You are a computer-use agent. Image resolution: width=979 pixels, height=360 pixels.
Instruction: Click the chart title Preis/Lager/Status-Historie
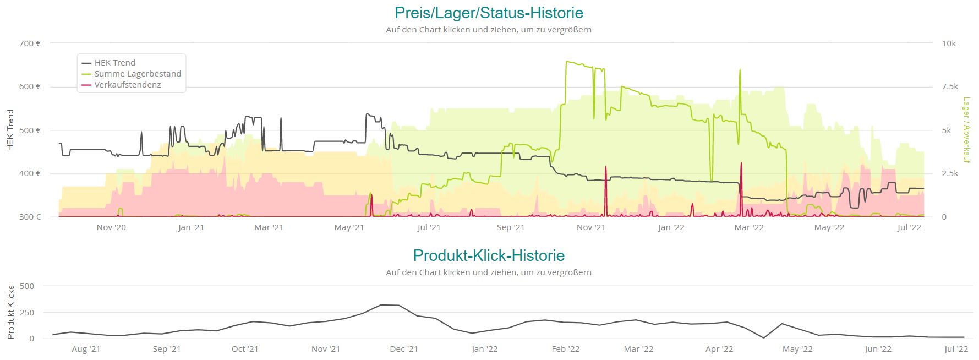tap(489, 13)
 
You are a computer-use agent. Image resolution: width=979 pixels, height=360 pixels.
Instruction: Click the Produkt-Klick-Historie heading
tap(489, 255)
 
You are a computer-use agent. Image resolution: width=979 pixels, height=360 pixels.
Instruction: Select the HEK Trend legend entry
tap(114, 63)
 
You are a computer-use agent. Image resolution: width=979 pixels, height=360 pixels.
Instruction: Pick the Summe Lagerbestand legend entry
tap(138, 74)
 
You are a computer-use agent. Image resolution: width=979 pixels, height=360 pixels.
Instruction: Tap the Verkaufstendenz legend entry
tap(127, 85)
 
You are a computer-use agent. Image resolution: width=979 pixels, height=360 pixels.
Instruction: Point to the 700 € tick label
tap(30, 43)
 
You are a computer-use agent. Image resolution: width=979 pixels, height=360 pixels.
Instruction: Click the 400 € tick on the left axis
tap(30, 173)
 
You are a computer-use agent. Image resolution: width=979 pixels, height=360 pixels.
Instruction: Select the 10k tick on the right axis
tap(949, 43)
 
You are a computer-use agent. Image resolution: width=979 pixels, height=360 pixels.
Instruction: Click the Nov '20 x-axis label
tap(111, 227)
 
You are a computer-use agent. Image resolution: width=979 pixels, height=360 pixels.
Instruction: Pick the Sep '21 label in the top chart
tap(511, 227)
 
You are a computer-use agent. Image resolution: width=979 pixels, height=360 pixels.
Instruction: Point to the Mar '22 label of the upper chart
tap(750, 227)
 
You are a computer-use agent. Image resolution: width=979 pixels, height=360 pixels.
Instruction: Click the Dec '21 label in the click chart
tap(404, 349)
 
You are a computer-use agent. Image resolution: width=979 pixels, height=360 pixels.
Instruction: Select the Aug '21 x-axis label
tap(86, 349)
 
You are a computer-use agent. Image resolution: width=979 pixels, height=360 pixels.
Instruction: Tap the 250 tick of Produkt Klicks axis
tap(27, 313)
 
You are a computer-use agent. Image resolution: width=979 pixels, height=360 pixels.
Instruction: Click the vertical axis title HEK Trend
tap(10, 130)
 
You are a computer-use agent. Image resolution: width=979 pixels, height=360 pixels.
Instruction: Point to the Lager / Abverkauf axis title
tap(966, 130)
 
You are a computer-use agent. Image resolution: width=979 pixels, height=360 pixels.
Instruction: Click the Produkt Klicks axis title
tap(10, 312)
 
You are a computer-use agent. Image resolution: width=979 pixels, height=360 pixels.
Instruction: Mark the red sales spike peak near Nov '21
tap(605, 166)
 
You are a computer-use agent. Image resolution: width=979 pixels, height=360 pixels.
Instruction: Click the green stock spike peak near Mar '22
tap(740, 69)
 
